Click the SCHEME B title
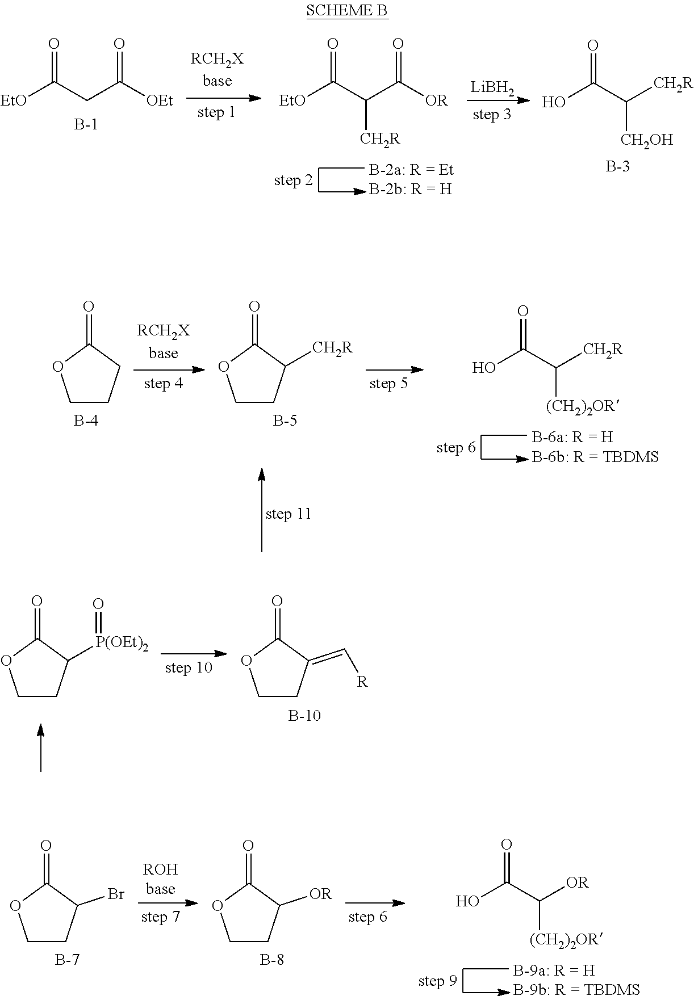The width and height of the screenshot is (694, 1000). click(x=347, y=11)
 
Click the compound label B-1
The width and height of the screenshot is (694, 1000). click(x=86, y=124)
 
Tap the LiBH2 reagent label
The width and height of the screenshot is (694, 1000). click(x=492, y=88)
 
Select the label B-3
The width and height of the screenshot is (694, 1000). click(x=617, y=167)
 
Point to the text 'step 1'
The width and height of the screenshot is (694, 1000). click(x=216, y=112)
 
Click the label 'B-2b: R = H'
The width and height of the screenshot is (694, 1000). click(x=410, y=190)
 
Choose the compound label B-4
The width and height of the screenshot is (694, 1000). click(x=86, y=421)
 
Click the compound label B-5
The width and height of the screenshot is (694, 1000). click(x=285, y=421)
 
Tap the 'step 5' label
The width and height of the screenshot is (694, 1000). click(x=388, y=383)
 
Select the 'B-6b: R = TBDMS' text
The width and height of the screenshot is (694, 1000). click(x=595, y=457)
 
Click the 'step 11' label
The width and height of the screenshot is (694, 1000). click(x=289, y=514)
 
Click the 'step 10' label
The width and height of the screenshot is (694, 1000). click(x=189, y=667)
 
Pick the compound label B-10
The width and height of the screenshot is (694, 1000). click(x=304, y=716)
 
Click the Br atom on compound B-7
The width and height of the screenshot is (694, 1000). click(x=116, y=895)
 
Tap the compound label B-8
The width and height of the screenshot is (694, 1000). click(x=272, y=960)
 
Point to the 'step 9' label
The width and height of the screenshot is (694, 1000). click(x=437, y=981)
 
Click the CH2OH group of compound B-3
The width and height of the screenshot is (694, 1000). click(x=647, y=140)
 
